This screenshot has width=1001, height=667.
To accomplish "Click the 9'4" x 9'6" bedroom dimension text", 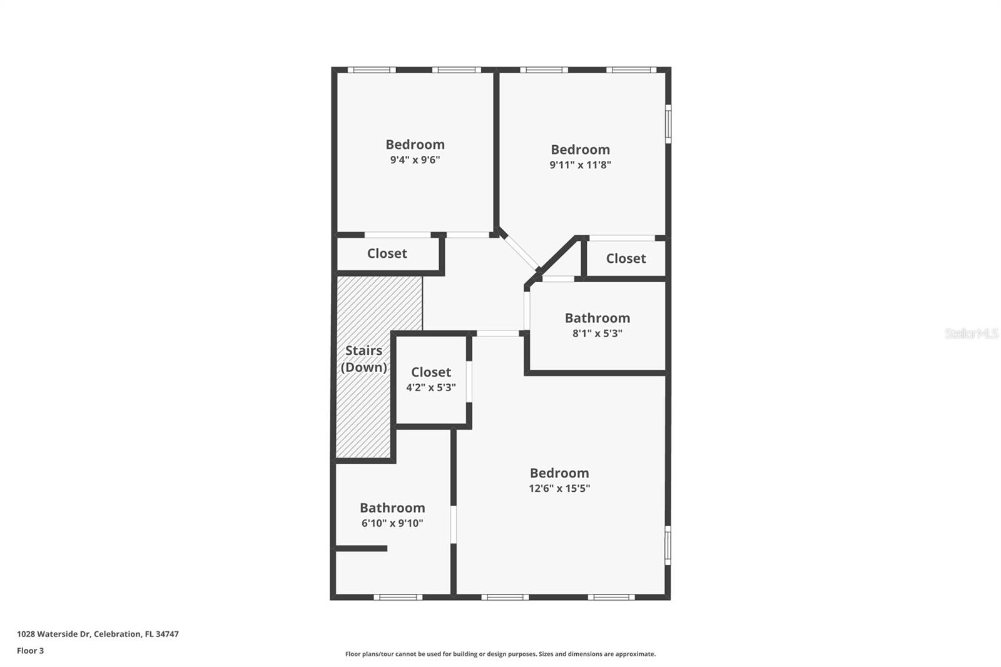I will click(x=415, y=160).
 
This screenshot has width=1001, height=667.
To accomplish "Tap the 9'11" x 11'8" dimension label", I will click(x=580, y=165).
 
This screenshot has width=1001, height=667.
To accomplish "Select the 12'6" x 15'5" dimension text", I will click(x=559, y=488).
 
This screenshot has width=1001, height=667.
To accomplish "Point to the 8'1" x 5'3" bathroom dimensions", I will click(x=597, y=333).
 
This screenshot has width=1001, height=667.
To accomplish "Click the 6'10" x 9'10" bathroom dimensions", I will click(x=392, y=523).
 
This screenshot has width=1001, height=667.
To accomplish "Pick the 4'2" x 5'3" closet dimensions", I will click(x=430, y=387).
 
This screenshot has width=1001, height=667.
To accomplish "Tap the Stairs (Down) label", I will click(x=363, y=359).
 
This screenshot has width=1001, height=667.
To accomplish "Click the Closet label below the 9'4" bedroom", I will click(x=387, y=253).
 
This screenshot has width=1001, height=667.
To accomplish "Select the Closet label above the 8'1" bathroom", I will click(x=626, y=258).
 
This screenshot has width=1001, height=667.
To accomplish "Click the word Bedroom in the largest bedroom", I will click(x=559, y=473).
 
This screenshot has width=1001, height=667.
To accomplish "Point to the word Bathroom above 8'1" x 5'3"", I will click(x=597, y=318).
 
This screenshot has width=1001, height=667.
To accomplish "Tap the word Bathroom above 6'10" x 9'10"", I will click(x=392, y=507).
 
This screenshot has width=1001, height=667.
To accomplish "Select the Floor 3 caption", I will click(x=30, y=651).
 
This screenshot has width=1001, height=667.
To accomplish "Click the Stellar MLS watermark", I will click(x=971, y=333).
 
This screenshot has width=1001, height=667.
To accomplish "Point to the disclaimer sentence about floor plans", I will click(x=500, y=654).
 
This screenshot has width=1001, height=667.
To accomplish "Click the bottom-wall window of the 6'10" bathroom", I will click(x=398, y=597).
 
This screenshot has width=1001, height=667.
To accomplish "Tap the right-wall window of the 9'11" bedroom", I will click(x=668, y=124).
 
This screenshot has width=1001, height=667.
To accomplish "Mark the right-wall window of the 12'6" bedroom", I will click(x=668, y=545).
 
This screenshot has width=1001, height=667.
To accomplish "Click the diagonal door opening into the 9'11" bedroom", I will click(x=521, y=252).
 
